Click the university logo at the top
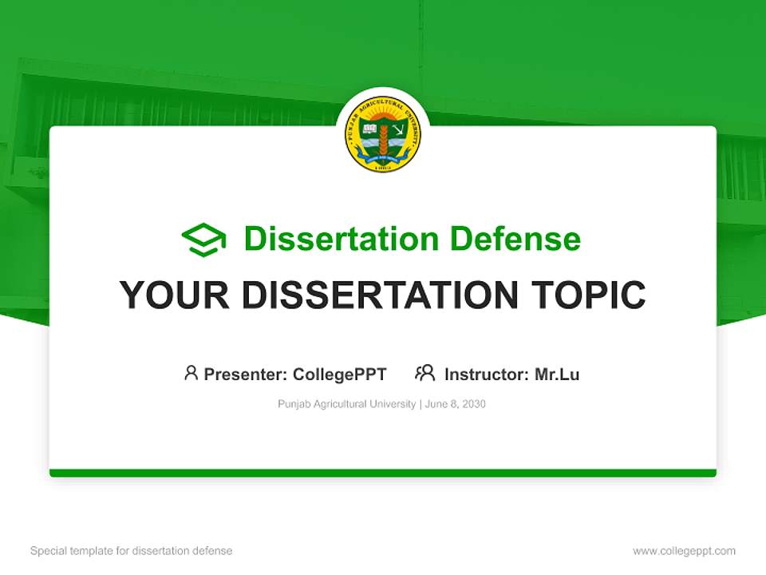pyautogui.click(x=383, y=135)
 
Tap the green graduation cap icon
pyautogui.click(x=203, y=239)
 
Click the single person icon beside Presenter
pyautogui.click(x=191, y=373)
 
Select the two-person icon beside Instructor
pyautogui.click(x=425, y=373)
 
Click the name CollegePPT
pyautogui.click(x=340, y=375)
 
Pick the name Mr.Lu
pyautogui.click(x=557, y=375)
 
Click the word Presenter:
pyautogui.click(x=246, y=375)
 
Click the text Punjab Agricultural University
pyautogui.click(x=346, y=404)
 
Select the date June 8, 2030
pyautogui.click(x=456, y=404)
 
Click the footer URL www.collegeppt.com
pyautogui.click(x=684, y=551)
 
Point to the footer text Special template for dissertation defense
pyautogui.click(x=132, y=551)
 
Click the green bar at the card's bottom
pyautogui.click(x=383, y=473)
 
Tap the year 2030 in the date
pyautogui.click(x=472, y=404)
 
